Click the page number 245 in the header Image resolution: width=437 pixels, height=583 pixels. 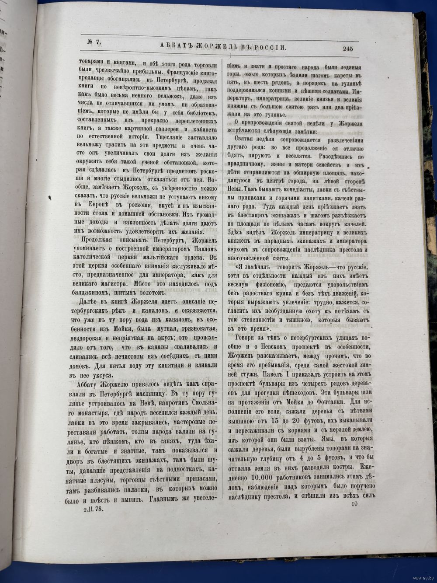click(x=348, y=49)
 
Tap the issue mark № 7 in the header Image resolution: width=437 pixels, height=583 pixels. click(x=92, y=42)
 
